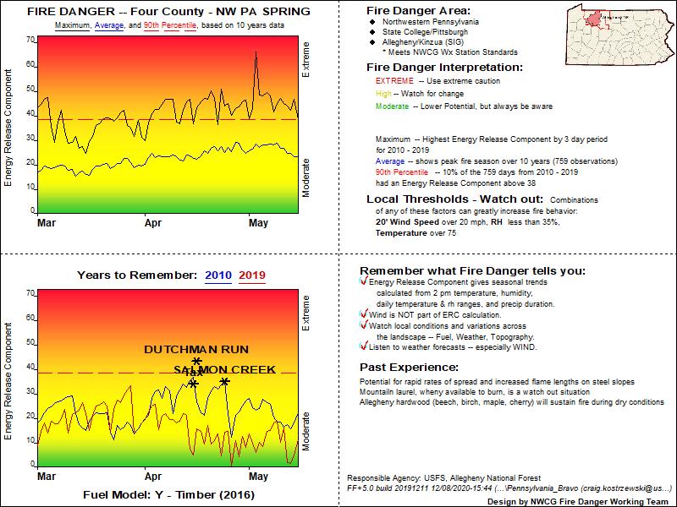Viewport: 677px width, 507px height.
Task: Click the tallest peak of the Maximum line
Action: (x=256, y=52)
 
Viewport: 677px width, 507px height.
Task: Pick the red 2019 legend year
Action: (x=252, y=275)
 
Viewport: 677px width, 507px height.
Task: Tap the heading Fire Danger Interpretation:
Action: (x=444, y=67)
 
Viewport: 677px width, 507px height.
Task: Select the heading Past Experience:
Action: (x=410, y=368)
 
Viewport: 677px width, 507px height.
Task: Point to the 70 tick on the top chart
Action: (x=30, y=41)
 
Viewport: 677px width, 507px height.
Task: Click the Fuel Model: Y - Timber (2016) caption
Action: (x=169, y=494)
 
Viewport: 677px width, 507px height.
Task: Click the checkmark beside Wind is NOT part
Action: (x=364, y=314)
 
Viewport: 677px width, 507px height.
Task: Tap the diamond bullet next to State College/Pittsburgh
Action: (x=373, y=32)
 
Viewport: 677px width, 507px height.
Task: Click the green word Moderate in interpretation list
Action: (x=395, y=106)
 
